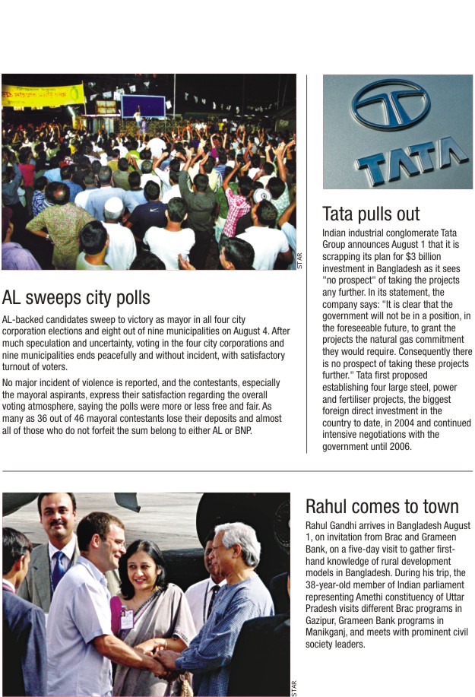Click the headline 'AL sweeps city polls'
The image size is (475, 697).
point(76,296)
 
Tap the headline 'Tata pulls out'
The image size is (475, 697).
point(371,214)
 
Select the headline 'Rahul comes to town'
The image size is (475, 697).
point(382,506)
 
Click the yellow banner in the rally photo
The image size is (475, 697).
point(43,95)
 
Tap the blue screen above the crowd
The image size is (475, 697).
point(144,106)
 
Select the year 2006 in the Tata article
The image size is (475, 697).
point(399,447)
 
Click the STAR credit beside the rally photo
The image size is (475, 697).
point(299,260)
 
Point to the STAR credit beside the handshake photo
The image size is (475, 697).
point(294,686)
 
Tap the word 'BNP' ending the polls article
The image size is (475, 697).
point(242,430)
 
